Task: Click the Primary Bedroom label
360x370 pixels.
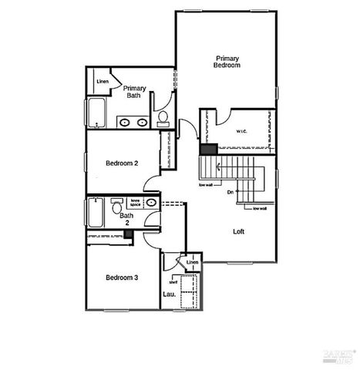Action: (227, 62)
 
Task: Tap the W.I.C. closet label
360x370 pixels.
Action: (241, 131)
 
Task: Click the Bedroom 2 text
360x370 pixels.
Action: (121, 163)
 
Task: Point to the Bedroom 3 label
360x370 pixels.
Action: (122, 277)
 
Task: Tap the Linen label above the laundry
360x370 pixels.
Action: (192, 263)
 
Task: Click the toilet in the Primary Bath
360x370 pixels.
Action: (163, 119)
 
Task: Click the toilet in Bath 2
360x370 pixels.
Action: (115, 207)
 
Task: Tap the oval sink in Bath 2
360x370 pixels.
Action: (151, 203)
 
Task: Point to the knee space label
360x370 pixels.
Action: (135, 203)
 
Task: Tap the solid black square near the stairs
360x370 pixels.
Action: (207, 150)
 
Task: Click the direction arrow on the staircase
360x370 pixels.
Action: (220, 166)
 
